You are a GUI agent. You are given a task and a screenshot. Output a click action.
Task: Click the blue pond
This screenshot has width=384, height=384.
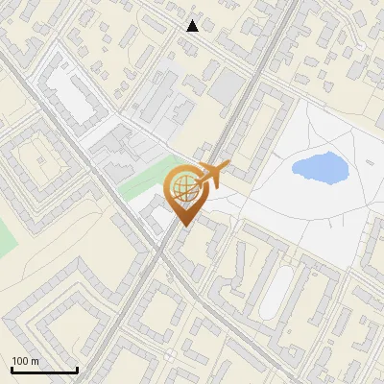pos(320,168)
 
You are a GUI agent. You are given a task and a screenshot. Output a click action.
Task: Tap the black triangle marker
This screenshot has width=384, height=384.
pos(193,26)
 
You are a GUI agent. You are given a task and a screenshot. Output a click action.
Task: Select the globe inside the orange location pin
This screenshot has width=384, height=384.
pos(182,189)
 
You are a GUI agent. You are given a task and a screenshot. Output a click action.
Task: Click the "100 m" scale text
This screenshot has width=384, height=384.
pos(25,361)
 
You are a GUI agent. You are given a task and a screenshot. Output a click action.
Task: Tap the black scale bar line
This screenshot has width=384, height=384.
pos(44,370)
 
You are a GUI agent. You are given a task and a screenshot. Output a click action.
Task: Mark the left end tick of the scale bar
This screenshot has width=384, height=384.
pos(12,368)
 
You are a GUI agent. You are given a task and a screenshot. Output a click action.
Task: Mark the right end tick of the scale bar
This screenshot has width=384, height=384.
pos(77,368)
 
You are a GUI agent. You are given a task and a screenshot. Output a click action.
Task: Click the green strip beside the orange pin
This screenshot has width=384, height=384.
pos(144,178)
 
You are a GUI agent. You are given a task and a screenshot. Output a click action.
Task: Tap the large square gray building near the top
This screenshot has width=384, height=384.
pos(228,87)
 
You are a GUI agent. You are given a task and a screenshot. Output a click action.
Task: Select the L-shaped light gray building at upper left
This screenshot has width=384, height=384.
pos(72,96)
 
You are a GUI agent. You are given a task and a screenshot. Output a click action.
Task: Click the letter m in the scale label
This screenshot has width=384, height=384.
pos(35,361)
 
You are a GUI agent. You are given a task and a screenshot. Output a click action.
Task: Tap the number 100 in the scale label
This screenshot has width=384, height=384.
pos(20,361)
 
